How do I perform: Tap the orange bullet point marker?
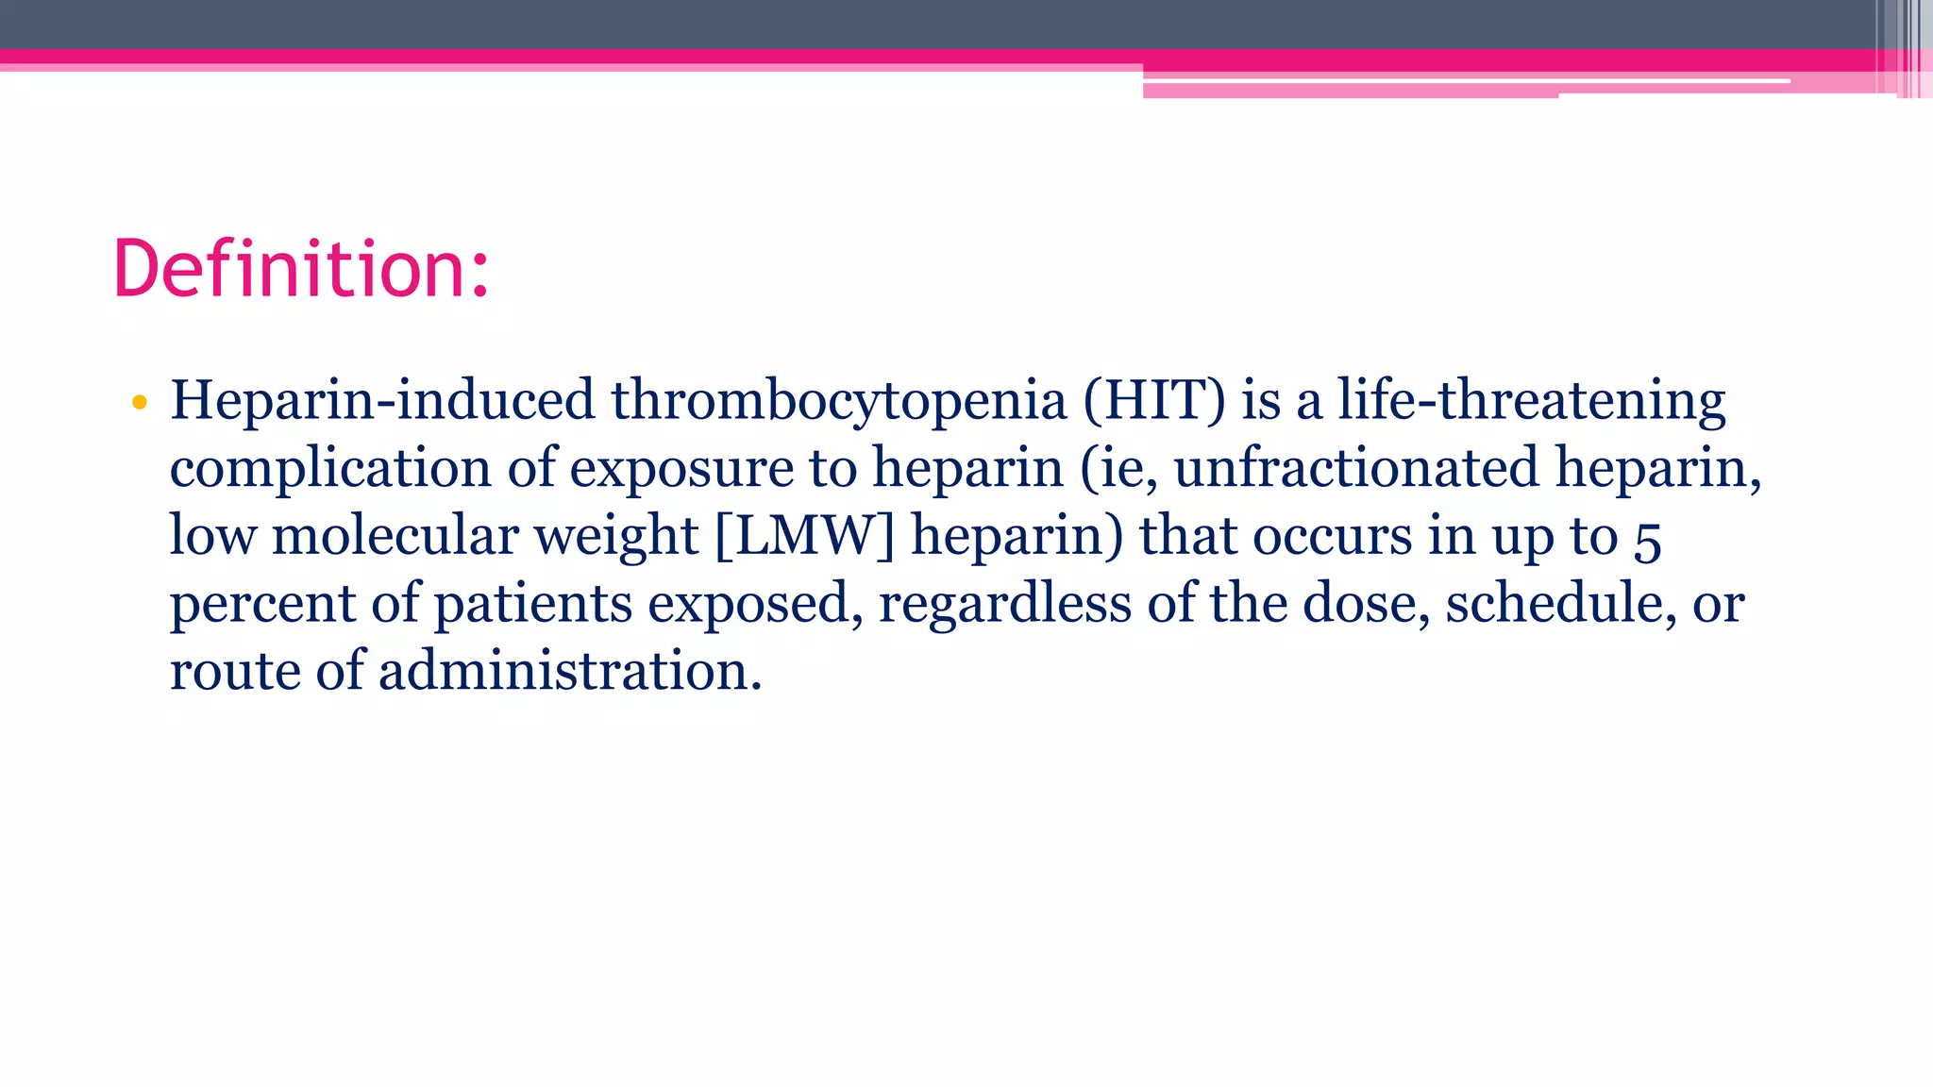tap(140, 403)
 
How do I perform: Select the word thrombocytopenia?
tap(838, 400)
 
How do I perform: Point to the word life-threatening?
tap(1531, 400)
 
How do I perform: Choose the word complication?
tap(330, 469)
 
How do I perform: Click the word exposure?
tap(681, 469)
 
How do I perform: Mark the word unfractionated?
tap(1355, 469)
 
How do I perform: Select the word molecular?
tap(395, 536)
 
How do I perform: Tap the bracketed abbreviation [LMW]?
tap(804, 536)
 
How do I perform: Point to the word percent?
tap(262, 604)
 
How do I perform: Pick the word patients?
tap(532, 604)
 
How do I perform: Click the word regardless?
tap(1004, 604)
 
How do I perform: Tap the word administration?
tap(569, 671)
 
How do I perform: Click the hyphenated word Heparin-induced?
tap(382, 400)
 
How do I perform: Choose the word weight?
tap(615, 536)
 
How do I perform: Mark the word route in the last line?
tap(234, 671)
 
